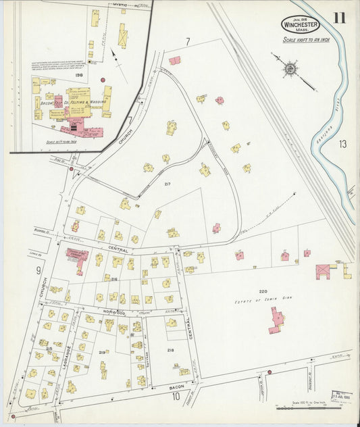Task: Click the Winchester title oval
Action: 300,24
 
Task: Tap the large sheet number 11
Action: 338,18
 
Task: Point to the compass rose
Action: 290,68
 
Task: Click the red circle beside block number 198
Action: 103,80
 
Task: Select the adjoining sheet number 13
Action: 342,143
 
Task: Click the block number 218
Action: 170,349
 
